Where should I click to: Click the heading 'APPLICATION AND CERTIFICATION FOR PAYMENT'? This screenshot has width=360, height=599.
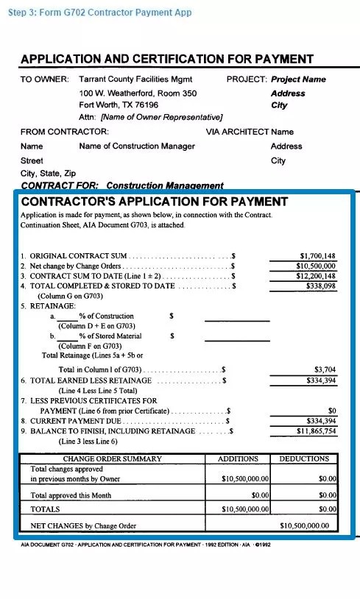pyautogui.click(x=167, y=60)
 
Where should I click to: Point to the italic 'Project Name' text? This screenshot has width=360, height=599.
pyautogui.click(x=298, y=79)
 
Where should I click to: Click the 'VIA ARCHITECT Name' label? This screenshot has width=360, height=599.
pyautogui.click(x=250, y=132)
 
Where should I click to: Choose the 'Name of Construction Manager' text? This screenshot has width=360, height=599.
pyautogui.click(x=137, y=146)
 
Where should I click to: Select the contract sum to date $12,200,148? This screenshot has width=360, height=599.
pyautogui.click(x=316, y=276)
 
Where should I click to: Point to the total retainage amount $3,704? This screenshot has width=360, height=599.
pyautogui.click(x=325, y=369)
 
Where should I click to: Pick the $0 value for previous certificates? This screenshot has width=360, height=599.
pyautogui.click(x=331, y=411)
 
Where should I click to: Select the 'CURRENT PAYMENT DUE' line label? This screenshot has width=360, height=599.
pyautogui.click(x=70, y=421)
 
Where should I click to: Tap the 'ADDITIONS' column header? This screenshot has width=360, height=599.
pyautogui.click(x=238, y=459)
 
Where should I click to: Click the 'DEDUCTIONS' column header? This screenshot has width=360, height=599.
pyautogui.click(x=304, y=459)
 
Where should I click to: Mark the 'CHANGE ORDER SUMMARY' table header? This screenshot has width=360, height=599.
pyautogui.click(x=113, y=459)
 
